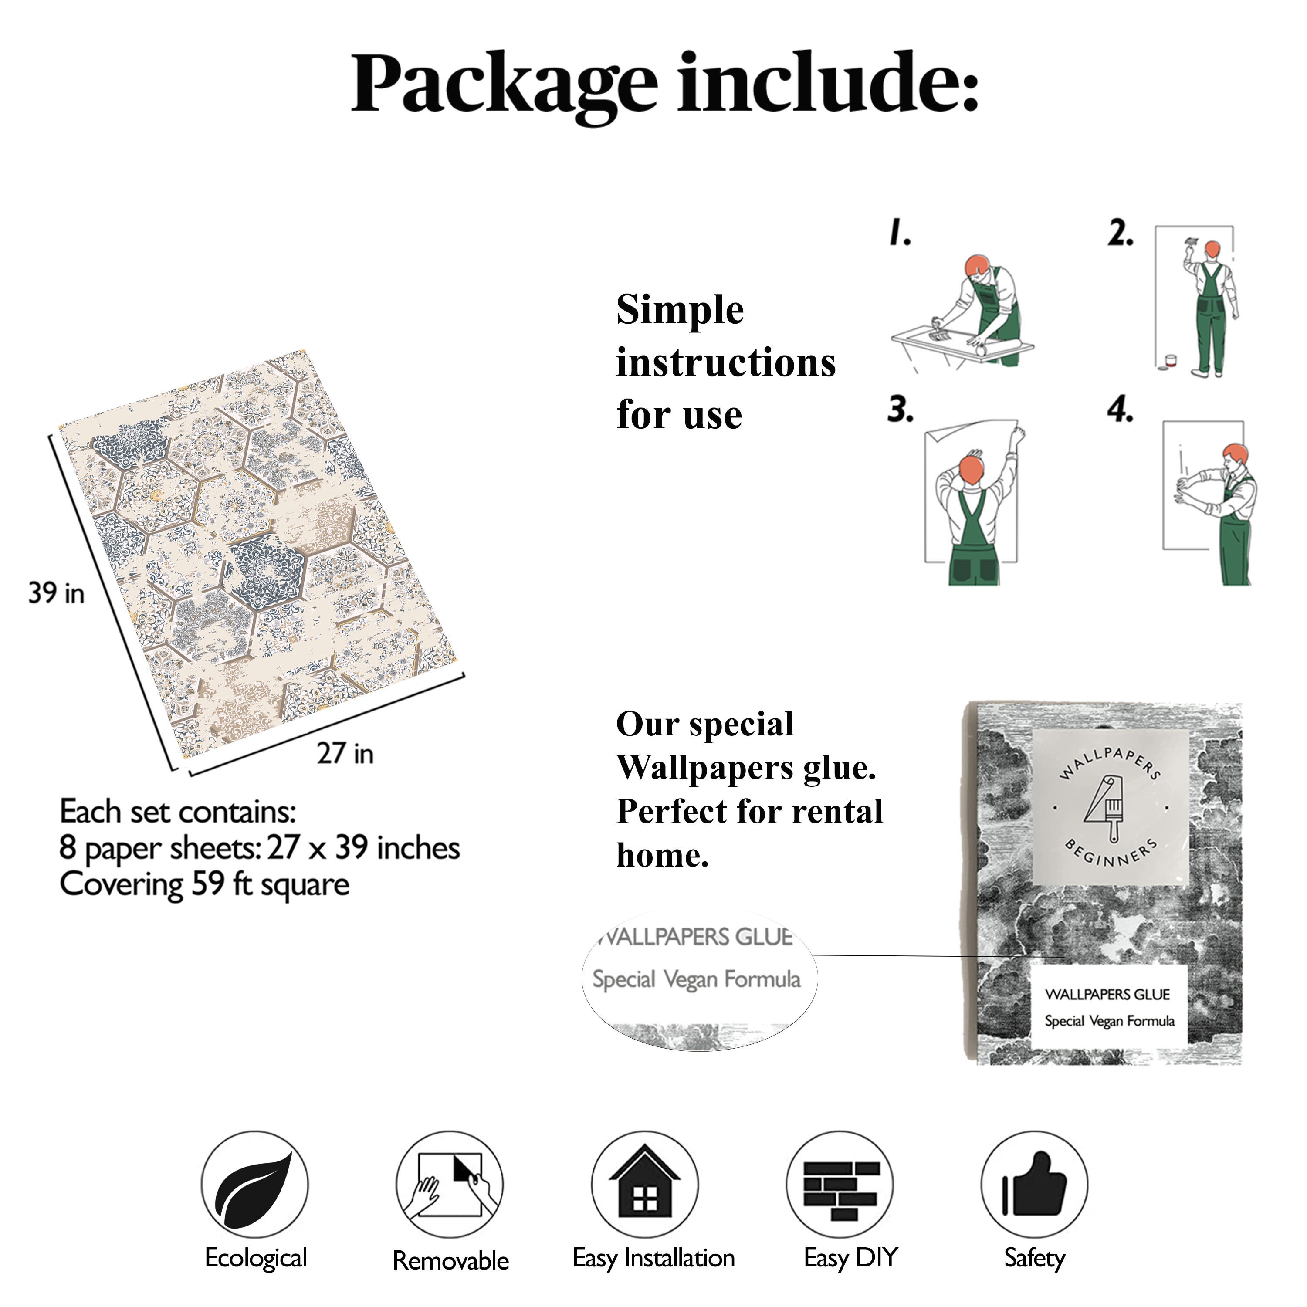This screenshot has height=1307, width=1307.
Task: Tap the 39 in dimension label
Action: click(57, 593)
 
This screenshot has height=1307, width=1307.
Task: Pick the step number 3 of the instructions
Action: click(901, 409)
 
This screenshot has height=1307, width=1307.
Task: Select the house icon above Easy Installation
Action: click(645, 1183)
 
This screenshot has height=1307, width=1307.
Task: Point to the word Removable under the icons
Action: click(450, 1260)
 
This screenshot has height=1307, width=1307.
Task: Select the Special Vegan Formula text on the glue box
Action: click(1110, 1021)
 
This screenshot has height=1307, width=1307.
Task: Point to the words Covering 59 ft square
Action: click(204, 885)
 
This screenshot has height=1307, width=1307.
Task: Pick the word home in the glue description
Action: click(662, 855)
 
